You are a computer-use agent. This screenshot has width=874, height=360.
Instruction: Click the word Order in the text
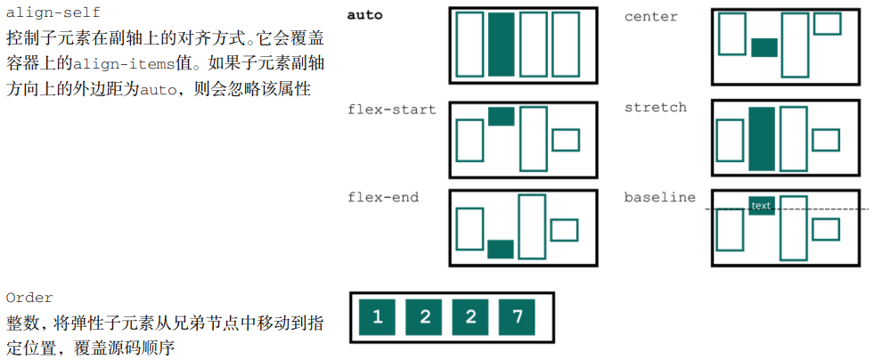(x=29, y=297)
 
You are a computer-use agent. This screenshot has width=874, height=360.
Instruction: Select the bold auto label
(x=364, y=15)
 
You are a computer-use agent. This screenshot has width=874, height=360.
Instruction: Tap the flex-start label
(x=391, y=110)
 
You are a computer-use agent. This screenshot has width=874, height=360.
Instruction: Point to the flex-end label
(x=382, y=197)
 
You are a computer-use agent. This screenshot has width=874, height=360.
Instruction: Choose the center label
(x=650, y=16)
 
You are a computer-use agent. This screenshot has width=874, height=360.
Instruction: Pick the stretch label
(x=655, y=107)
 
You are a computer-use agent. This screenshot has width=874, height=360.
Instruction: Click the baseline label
(x=659, y=197)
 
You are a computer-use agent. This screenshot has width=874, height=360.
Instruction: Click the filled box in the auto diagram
(x=501, y=45)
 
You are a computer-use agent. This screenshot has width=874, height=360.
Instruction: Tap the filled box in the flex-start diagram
(x=501, y=116)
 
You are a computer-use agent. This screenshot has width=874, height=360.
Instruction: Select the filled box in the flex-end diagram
(x=501, y=249)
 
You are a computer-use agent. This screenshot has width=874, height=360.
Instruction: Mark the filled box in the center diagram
(x=764, y=47)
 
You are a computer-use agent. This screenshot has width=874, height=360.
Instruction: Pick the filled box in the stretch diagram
(x=762, y=138)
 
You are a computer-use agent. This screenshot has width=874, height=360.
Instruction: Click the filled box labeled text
(x=761, y=206)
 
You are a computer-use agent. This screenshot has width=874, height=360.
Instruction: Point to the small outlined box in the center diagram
(x=827, y=23)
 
